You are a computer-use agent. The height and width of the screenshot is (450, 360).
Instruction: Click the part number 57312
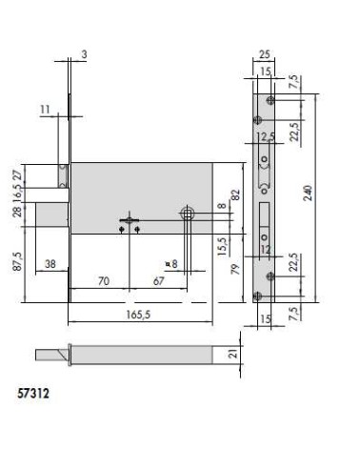click(x=34, y=391)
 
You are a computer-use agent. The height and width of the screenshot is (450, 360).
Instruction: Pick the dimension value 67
click(x=159, y=283)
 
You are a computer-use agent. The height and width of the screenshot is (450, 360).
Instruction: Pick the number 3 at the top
click(x=85, y=56)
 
